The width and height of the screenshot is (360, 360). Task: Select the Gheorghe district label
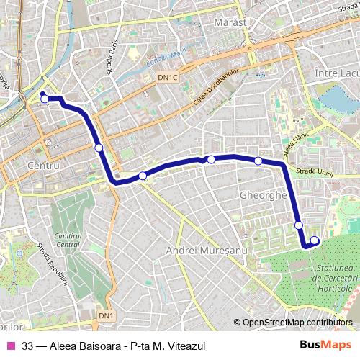click(x=263, y=195)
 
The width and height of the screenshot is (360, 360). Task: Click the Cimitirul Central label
click(x=68, y=240)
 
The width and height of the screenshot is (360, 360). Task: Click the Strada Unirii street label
click(x=316, y=171)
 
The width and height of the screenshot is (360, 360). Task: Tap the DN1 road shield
click(x=106, y=316)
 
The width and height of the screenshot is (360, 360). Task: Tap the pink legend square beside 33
click(x=10, y=346)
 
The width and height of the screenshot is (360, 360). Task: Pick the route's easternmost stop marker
click(x=315, y=240)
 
